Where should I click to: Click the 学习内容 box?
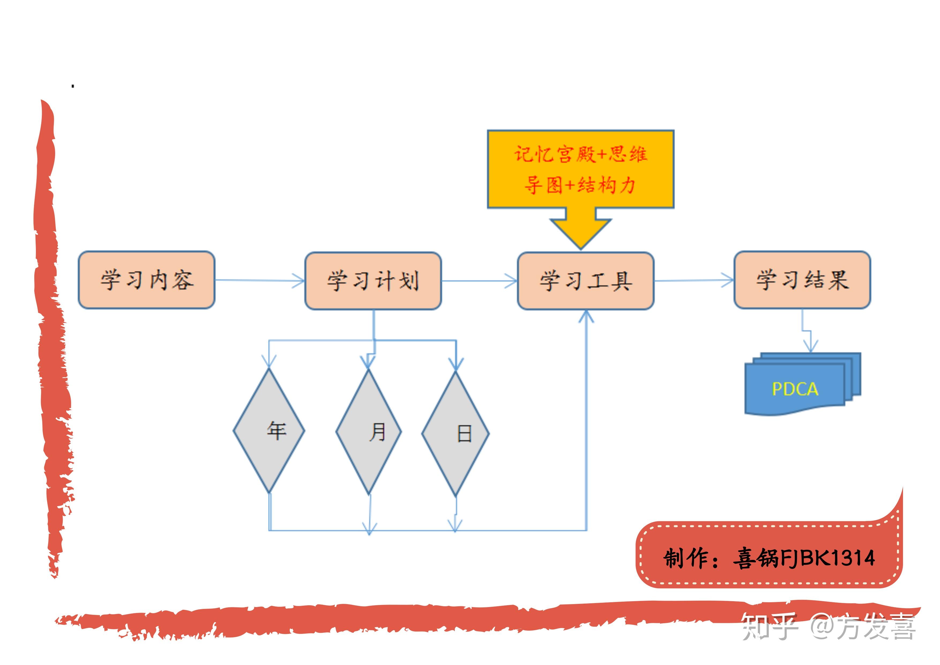pyautogui.click(x=147, y=280)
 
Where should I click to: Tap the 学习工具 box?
pyautogui.click(x=585, y=281)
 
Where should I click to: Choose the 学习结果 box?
pyautogui.click(x=802, y=280)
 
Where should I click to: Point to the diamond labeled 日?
pyautogui.click(x=455, y=434)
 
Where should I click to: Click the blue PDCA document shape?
pyautogui.click(x=798, y=385)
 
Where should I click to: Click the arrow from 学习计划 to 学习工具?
pyautogui.click(x=479, y=281)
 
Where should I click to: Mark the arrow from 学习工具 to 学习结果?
pyautogui.click(x=694, y=281)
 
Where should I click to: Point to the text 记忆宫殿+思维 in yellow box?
pyautogui.click(x=581, y=154)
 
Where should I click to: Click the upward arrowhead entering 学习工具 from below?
pyautogui.click(x=586, y=316)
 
